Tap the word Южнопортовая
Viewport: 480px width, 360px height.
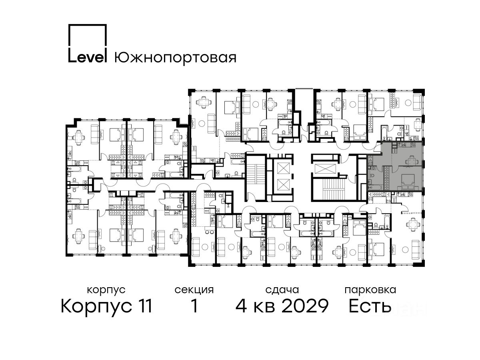pyautogui.click(x=175, y=58)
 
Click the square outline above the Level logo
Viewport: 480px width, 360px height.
pyautogui.click(x=88, y=36)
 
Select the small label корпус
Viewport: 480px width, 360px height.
pyautogui.click(x=106, y=290)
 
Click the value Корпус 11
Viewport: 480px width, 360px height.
pyautogui.click(x=106, y=306)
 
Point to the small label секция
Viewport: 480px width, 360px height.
pyautogui.click(x=194, y=290)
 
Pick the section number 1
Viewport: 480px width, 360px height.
pyautogui.click(x=194, y=306)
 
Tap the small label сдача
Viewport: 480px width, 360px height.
pyautogui.click(x=282, y=290)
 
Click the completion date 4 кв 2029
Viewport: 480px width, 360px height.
pyautogui.click(x=282, y=306)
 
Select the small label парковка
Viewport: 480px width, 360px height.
pyautogui.click(x=370, y=290)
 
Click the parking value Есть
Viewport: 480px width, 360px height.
pyautogui.click(x=370, y=306)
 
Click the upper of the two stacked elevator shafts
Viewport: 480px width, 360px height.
pyautogui.click(x=283, y=168)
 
